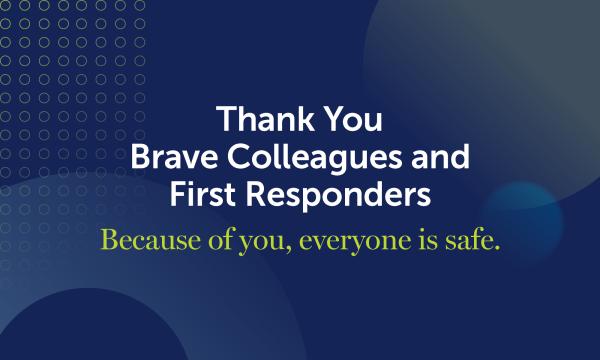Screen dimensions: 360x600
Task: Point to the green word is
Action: pos(410,241)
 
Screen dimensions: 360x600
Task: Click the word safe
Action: pos(461,241)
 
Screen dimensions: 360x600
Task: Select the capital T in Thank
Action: pos(227,121)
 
